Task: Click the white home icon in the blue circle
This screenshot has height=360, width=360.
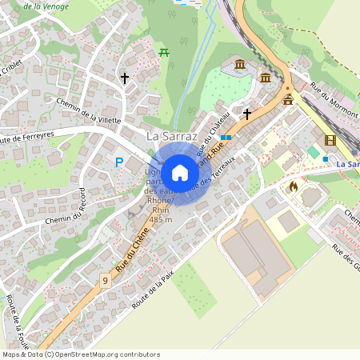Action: (x=180, y=173)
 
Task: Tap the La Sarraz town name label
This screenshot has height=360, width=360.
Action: (x=172, y=137)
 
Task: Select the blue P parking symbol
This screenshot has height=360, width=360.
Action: (x=119, y=162)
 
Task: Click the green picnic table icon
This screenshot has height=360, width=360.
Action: (x=164, y=52)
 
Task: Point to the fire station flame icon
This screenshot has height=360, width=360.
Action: (x=293, y=186)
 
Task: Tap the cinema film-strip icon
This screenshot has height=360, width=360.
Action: (x=330, y=140)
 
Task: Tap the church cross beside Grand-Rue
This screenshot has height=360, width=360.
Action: (x=247, y=114)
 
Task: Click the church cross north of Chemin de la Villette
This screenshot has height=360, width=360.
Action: (x=124, y=78)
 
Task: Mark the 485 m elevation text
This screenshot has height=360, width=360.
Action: (x=161, y=219)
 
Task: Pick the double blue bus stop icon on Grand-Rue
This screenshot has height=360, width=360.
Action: (x=227, y=138)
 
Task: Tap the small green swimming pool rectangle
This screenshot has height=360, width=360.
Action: (x=314, y=151)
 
